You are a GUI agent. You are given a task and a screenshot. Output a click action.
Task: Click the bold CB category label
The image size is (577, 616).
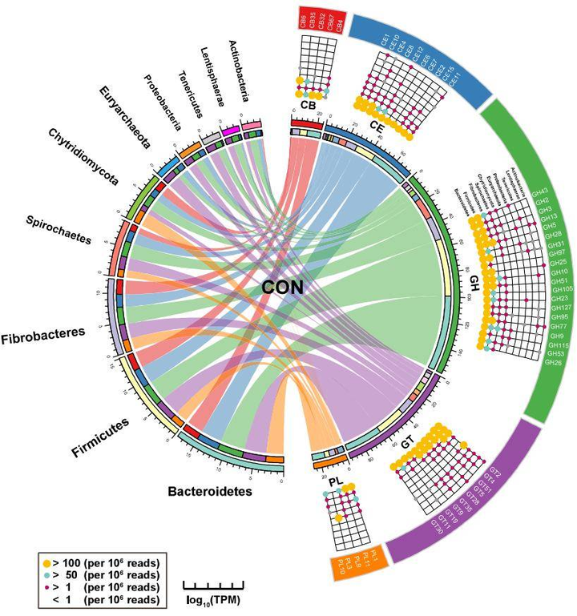pyautogui.click(x=307, y=104)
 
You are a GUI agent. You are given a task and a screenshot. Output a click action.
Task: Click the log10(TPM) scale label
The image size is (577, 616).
pyautogui.click(x=213, y=600)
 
